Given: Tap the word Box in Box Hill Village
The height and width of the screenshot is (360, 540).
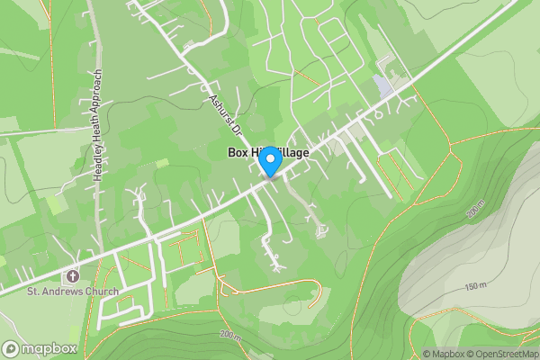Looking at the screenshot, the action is click(238, 154).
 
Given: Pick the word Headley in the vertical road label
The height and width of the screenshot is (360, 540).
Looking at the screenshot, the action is click(99, 162).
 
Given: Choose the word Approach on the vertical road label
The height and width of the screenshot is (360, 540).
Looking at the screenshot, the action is click(99, 87).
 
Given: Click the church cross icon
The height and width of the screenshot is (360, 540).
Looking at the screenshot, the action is click(71, 275).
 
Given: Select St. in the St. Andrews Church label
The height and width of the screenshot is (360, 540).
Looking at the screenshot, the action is click(33, 292).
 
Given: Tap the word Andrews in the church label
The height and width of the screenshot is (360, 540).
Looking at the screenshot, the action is click(63, 292).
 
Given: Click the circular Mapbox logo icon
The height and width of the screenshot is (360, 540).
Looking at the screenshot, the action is click(12, 347).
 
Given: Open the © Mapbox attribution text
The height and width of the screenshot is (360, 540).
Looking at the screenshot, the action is click(444, 354).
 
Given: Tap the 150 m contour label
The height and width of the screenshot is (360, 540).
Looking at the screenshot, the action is click(475, 287).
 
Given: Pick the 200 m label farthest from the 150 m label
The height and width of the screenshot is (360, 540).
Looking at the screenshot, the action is click(230, 335).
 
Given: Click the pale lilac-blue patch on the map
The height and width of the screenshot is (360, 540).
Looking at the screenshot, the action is click(383, 88).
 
